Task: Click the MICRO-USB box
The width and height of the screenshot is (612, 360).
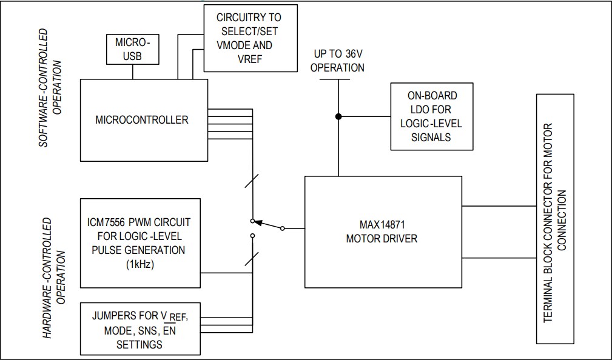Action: tap(132, 49)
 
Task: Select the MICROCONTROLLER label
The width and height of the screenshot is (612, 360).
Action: tap(142, 119)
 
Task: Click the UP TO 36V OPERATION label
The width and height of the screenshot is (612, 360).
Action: tap(337, 61)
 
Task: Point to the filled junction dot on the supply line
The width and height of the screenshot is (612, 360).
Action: tap(338, 116)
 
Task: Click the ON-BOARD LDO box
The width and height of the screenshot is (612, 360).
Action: tap(431, 116)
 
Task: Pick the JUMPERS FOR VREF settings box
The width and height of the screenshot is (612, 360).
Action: tap(140, 330)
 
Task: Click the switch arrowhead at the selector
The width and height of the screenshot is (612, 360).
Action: tap(258, 222)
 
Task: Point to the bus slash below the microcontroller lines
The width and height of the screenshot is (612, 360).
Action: tap(252, 181)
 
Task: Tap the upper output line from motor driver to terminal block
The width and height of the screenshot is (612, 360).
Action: tap(499, 206)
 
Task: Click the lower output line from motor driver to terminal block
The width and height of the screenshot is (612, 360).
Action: tap(499, 258)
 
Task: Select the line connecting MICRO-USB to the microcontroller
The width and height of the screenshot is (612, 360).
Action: tap(132, 72)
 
